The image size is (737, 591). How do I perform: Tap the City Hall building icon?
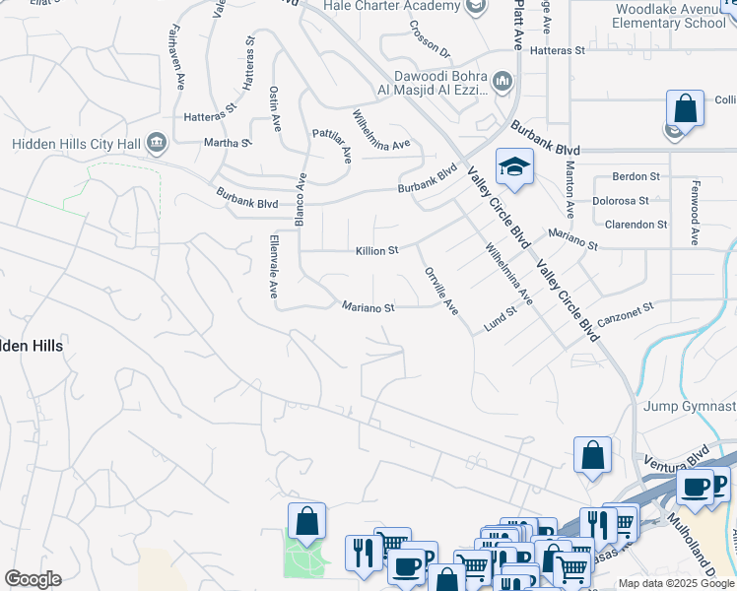[156, 144]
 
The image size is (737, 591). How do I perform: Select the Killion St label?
[376, 251]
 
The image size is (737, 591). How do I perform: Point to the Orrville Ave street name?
[440, 291]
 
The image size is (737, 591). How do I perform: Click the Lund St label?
[500, 319]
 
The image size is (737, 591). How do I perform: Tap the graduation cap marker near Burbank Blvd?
[513, 167]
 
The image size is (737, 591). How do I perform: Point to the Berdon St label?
[636, 176]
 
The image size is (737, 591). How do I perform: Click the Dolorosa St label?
[620, 200]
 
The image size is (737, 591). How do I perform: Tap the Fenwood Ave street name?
[695, 212]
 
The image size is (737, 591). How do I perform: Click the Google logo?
[33, 579]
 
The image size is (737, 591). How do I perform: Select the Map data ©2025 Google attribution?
[675, 583]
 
